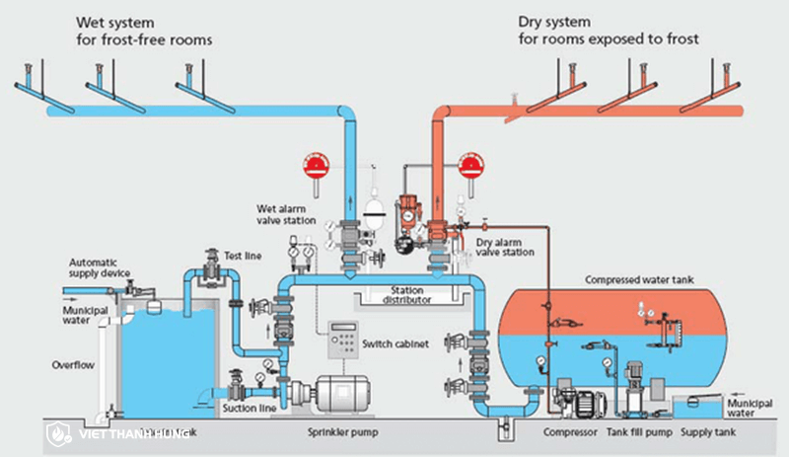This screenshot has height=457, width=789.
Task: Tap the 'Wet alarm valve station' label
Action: (287, 214)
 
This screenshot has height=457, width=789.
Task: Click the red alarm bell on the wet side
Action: (317, 164)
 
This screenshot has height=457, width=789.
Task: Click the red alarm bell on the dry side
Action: (471, 164)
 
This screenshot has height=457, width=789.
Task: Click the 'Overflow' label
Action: (72, 365)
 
